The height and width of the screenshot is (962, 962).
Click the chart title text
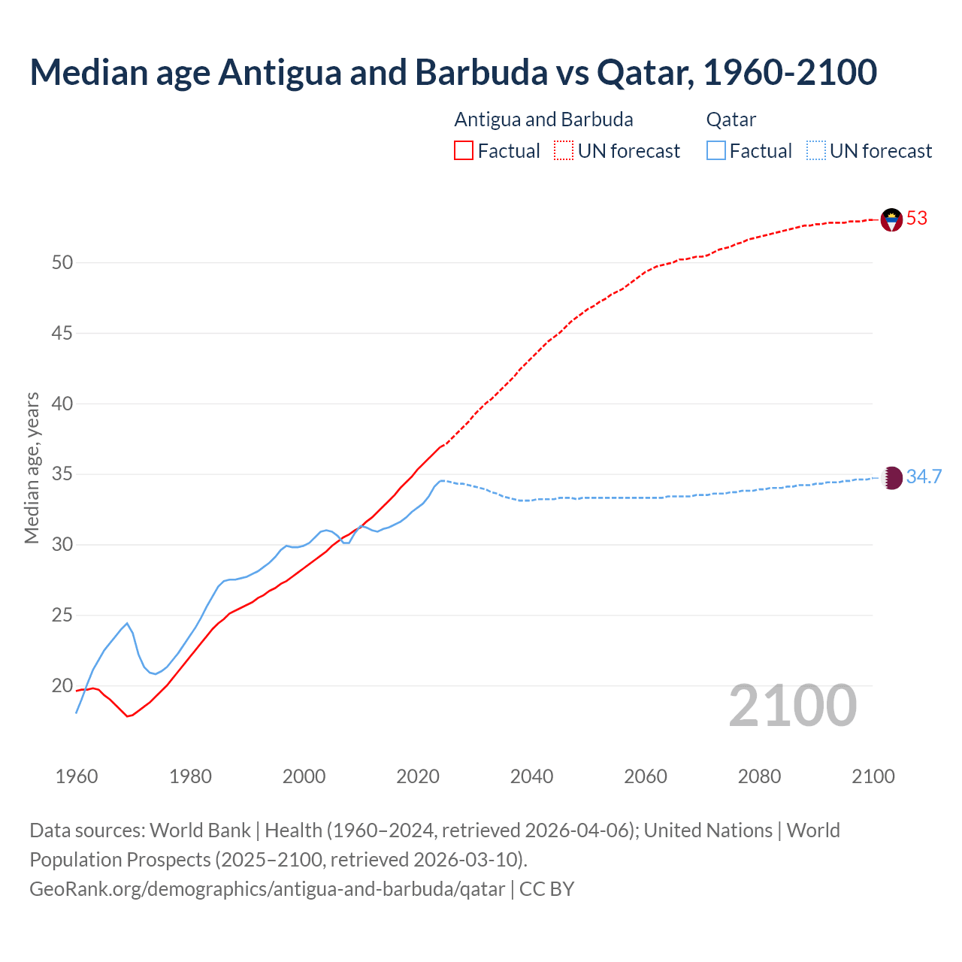click(453, 72)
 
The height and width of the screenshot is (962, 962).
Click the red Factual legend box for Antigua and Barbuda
click(464, 151)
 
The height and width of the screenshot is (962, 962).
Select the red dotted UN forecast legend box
click(564, 151)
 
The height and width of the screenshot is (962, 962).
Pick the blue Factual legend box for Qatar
click(715, 151)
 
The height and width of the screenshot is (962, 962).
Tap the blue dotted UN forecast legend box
click(815, 151)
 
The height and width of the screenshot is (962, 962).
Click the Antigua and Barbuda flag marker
click(891, 219)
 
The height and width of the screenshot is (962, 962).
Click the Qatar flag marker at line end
click(891, 478)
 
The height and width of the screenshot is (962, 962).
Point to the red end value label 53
click(917, 219)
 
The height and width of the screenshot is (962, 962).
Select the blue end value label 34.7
click(924, 477)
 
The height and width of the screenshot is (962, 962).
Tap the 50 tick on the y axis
click(62, 263)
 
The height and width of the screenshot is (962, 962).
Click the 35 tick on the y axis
click(62, 474)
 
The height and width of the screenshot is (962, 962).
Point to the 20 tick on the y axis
click(62, 685)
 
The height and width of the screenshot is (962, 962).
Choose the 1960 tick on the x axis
click(77, 776)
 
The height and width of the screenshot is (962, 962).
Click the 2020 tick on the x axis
click(418, 776)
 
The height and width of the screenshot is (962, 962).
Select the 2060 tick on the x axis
click(646, 776)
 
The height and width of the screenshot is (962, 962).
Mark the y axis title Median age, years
click(32, 467)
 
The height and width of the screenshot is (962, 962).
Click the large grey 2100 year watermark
click(792, 706)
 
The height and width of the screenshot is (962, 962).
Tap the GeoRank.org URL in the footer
click(267, 889)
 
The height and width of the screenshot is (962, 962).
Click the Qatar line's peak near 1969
click(127, 623)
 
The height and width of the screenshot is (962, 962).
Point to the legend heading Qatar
click(731, 120)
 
